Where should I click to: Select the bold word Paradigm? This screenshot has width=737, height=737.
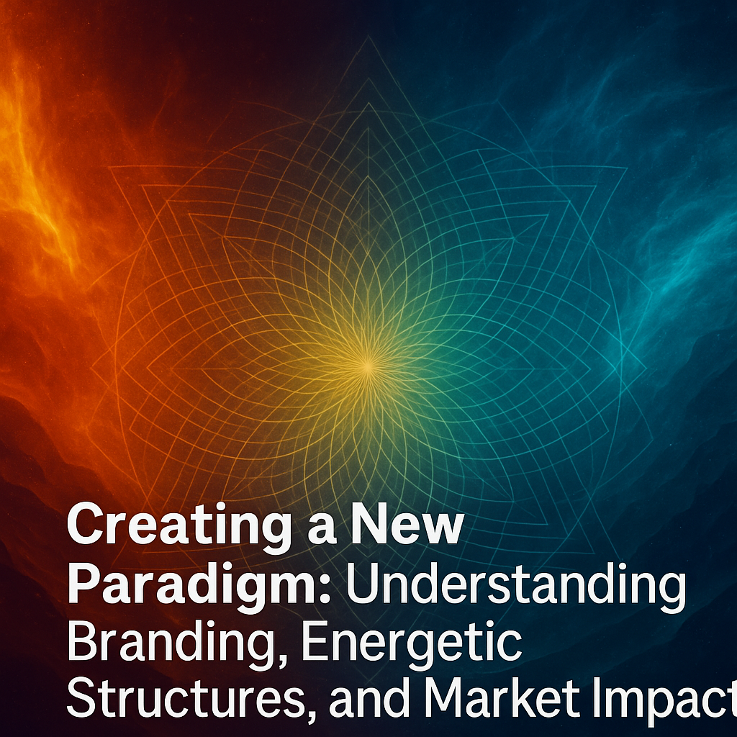tap(193, 586)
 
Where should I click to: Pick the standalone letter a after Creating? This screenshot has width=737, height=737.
tap(322, 529)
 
